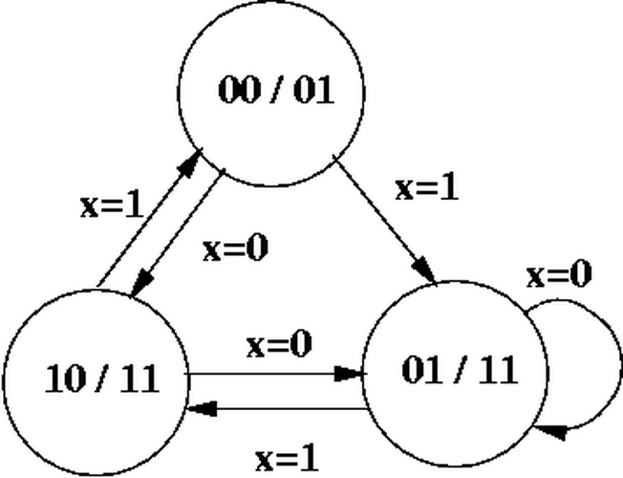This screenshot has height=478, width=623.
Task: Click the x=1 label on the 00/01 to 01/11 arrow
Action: pos(426,187)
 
